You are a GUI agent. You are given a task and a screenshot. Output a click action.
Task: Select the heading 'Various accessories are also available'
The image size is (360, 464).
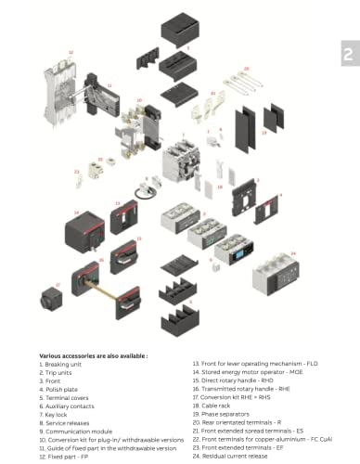94,354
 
